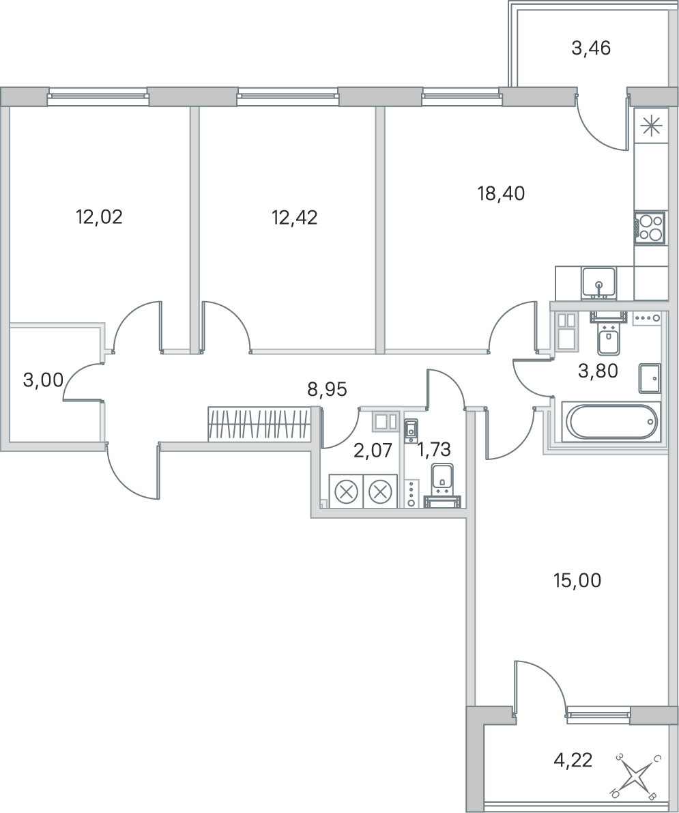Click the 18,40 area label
(x=501, y=194)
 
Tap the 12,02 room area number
(x=99, y=216)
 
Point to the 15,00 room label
(x=577, y=581)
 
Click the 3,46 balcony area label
(x=591, y=48)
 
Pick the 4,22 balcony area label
(x=573, y=760)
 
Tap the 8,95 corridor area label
(x=327, y=389)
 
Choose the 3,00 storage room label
(x=44, y=380)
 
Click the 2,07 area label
(x=373, y=451)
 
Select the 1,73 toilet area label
(x=434, y=450)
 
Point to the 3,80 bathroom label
(x=598, y=371)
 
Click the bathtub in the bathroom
(x=612, y=423)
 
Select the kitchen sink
(x=598, y=283)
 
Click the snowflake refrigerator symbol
(x=650, y=127)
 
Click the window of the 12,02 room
(x=98, y=96)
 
